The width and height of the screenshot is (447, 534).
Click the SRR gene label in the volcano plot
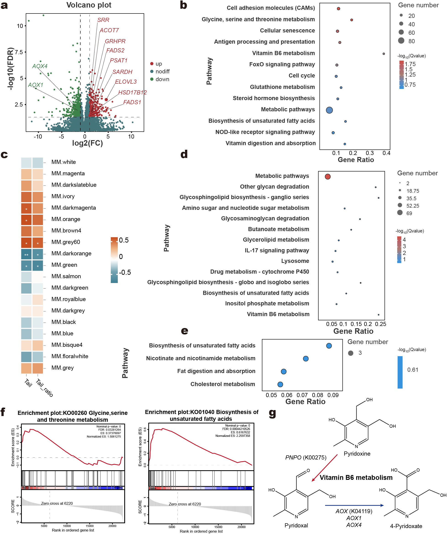coord(103,20)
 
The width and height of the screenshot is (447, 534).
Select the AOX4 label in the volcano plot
coord(40,66)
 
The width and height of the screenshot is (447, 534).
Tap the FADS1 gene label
coord(132,102)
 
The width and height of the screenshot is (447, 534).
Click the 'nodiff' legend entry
coord(162,72)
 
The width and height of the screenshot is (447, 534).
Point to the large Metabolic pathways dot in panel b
coord(329,110)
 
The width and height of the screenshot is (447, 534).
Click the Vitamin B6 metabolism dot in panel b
coord(384,54)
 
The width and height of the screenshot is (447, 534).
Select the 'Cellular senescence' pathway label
coord(287,30)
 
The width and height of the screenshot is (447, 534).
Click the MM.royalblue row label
coord(68,299)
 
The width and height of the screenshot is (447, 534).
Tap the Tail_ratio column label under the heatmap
coord(45,388)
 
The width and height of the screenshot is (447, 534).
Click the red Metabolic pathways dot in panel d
coord(328,176)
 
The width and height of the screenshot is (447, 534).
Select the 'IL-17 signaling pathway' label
coord(277,251)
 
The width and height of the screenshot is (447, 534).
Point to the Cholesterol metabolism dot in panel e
coord(280,384)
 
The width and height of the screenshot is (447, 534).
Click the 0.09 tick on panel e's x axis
coord(333,395)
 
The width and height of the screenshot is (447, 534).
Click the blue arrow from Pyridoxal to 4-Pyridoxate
coord(354,505)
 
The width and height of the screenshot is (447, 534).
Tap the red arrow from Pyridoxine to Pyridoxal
coord(325,468)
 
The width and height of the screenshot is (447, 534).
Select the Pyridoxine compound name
coord(357,454)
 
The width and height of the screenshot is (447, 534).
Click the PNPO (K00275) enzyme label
coord(305,457)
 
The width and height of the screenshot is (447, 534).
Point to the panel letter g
coord(272,413)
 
